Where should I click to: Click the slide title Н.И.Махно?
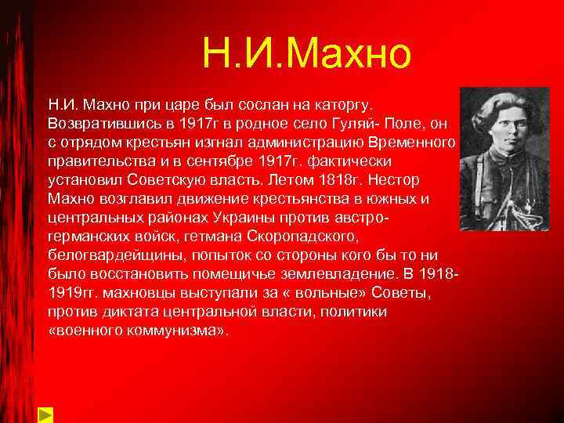pyautogui.click(x=305, y=53)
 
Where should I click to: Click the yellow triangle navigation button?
pyautogui.click(x=45, y=413)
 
